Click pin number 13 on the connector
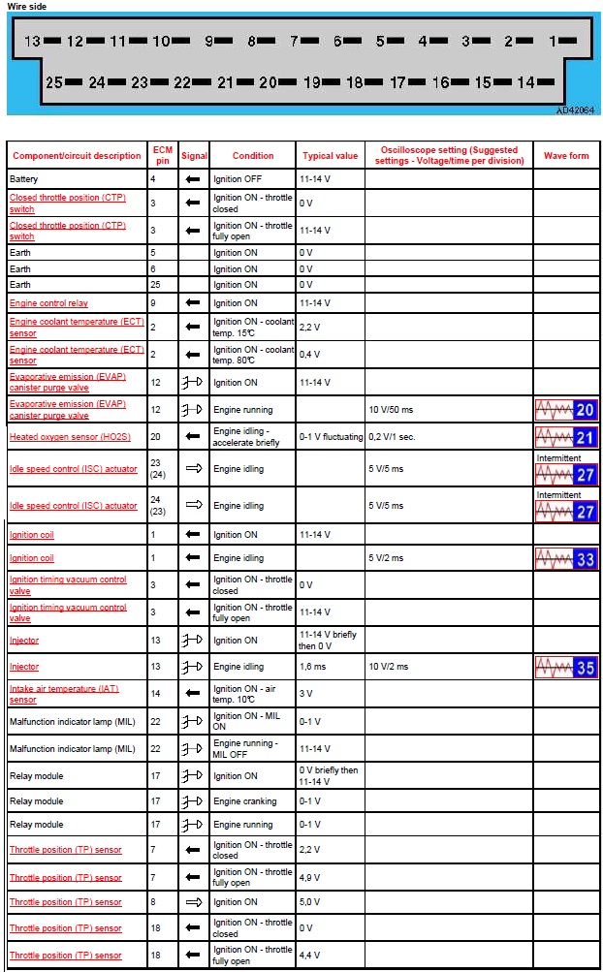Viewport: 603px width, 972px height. click(x=33, y=42)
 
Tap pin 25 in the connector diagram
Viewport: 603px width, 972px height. click(x=54, y=83)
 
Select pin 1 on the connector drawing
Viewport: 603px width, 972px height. click(x=554, y=42)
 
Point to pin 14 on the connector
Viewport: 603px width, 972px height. click(x=526, y=83)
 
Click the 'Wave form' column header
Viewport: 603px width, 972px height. click(x=566, y=156)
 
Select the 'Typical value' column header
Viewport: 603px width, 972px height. click(x=330, y=156)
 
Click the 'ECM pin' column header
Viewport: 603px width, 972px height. click(x=162, y=156)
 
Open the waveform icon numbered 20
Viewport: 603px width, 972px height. click(x=566, y=409)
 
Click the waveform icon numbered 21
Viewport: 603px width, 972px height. click(x=566, y=436)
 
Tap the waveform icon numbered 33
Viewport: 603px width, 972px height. click(x=566, y=558)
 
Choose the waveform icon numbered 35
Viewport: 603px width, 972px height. click(x=566, y=667)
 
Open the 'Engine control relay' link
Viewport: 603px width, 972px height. click(x=48, y=303)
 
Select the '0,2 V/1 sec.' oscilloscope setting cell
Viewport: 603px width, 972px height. click(x=393, y=437)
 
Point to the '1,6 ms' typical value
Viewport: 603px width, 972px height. click(x=312, y=667)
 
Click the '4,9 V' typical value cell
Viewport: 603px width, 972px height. click(x=310, y=877)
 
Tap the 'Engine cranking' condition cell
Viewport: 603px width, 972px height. click(x=244, y=801)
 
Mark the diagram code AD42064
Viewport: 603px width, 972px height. click(x=575, y=110)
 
